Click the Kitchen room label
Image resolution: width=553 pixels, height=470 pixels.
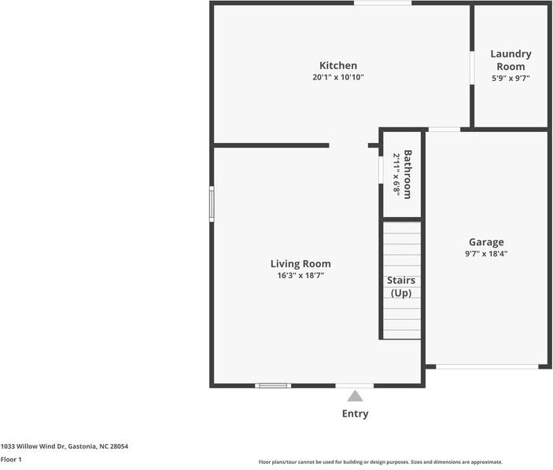[338, 65]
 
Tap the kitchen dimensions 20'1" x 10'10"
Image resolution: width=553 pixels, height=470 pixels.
[338, 77]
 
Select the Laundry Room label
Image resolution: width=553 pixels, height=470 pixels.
[511, 60]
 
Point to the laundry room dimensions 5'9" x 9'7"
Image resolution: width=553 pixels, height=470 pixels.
[511, 79]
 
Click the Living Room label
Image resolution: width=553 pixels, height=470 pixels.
[300, 264]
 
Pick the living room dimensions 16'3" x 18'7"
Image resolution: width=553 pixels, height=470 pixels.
[300, 275]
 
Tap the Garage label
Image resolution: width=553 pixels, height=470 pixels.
[486, 242]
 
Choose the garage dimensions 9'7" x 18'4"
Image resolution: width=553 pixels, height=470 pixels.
[486, 254]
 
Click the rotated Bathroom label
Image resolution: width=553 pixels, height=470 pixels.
[407, 174]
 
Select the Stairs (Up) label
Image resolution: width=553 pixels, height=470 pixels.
[401, 286]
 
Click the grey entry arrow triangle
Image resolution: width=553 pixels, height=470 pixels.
[355, 395]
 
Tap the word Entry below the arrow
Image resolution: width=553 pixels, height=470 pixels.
[355, 413]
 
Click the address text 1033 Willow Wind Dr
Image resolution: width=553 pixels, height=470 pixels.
[33, 446]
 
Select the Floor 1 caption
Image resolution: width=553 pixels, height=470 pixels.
[11, 460]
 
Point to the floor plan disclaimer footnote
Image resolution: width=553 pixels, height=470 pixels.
[381, 462]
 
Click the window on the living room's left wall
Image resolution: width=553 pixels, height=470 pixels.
[212, 204]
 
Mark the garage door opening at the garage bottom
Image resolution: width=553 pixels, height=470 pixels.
[487, 367]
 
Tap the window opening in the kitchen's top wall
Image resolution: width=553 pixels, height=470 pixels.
[382, 3]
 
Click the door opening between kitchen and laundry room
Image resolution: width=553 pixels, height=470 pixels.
[472, 68]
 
